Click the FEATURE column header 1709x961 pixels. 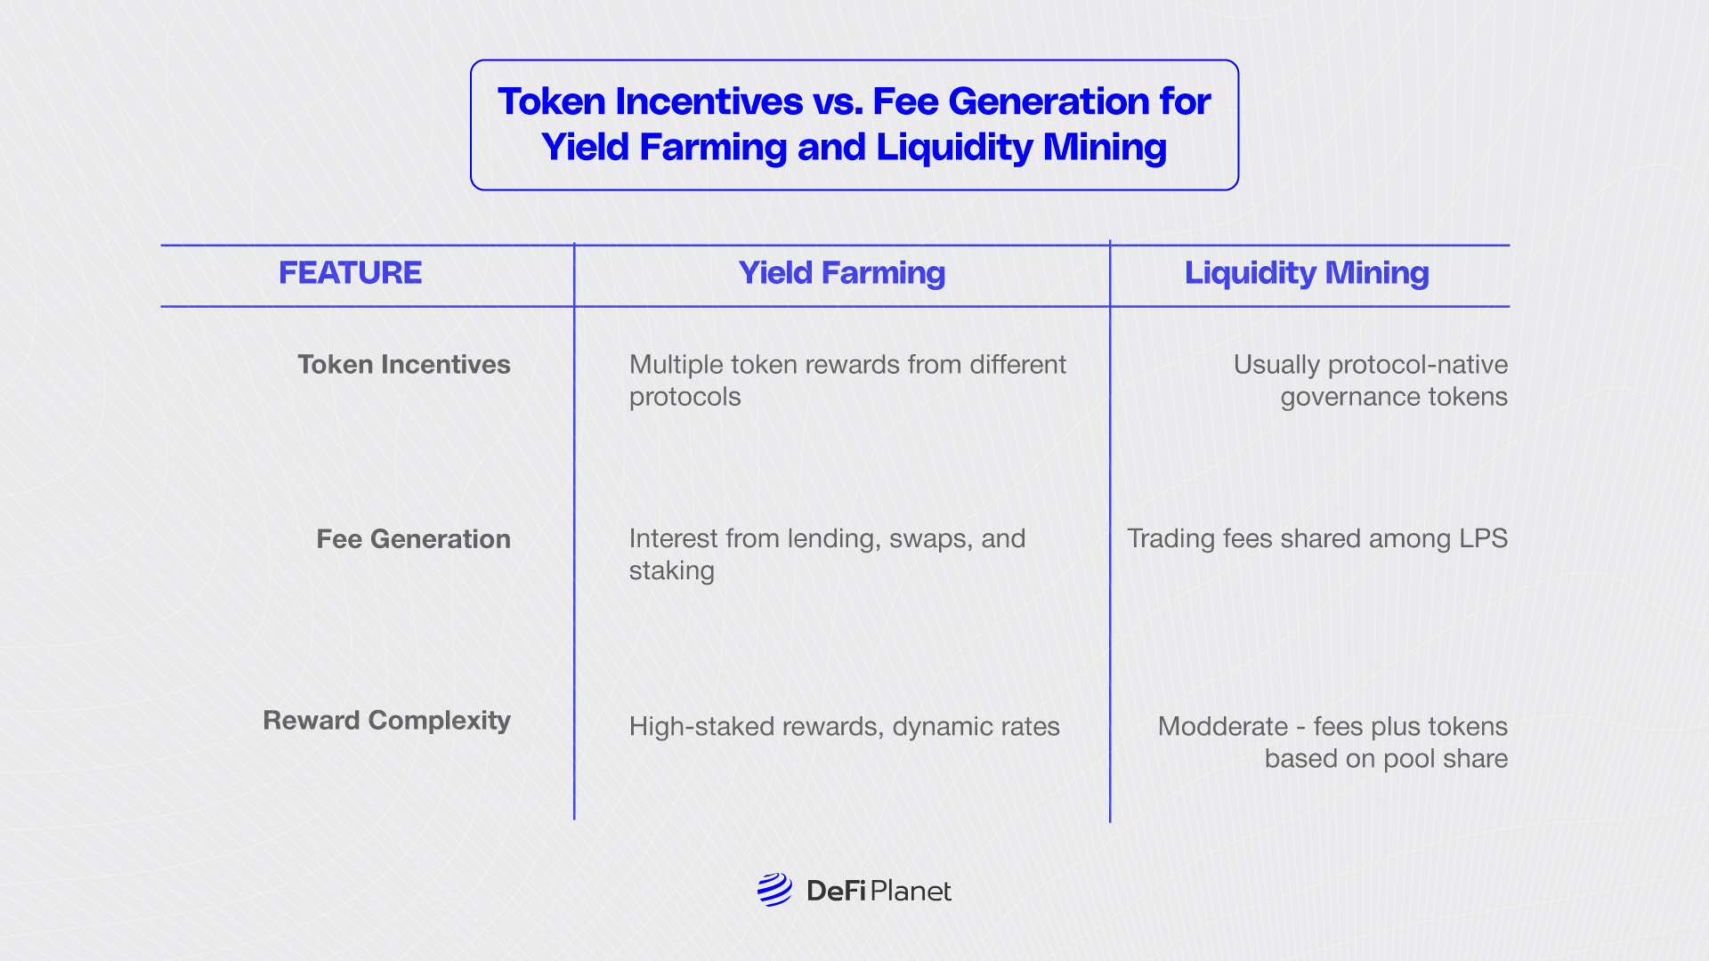(x=350, y=272)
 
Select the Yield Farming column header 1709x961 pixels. (x=842, y=273)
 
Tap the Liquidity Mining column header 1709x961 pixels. (x=1307, y=273)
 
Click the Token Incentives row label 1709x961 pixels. (x=404, y=364)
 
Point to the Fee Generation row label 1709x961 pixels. (x=414, y=538)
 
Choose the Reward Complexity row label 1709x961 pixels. (x=387, y=721)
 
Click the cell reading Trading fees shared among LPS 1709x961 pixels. (x=1317, y=538)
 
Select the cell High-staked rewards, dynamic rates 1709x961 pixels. (x=845, y=727)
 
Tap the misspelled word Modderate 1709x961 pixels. (x=1223, y=726)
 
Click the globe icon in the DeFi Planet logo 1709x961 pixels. (x=774, y=890)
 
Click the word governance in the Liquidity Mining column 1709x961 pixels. (x=1349, y=397)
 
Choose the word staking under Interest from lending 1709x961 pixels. (x=672, y=571)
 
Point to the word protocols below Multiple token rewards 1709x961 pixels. (x=685, y=397)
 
